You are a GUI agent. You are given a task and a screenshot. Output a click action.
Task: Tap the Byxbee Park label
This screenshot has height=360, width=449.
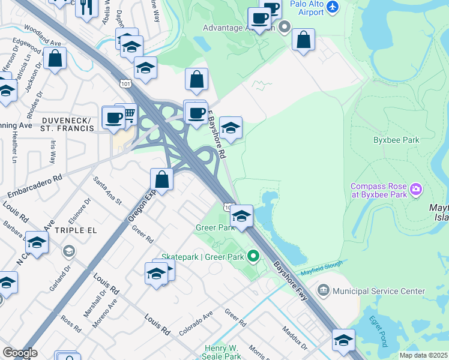click(394, 140)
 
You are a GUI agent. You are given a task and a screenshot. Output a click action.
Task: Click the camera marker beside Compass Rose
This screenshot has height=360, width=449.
click(417, 191)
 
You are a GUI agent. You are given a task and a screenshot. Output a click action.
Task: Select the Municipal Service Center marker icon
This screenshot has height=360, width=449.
click(324, 291)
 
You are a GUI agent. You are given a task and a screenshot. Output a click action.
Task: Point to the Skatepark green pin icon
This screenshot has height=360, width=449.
click(254, 257)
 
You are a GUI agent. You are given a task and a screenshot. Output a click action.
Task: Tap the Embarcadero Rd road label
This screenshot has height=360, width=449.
click(32, 187)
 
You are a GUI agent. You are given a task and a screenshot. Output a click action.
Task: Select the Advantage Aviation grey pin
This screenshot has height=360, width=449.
click(285, 28)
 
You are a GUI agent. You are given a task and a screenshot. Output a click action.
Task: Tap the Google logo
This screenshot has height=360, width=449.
click(19, 352)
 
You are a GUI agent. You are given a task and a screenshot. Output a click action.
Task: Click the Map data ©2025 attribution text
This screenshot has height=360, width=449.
click(423, 355)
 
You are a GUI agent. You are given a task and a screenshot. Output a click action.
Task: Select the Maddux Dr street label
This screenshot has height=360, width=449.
click(295, 339)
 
